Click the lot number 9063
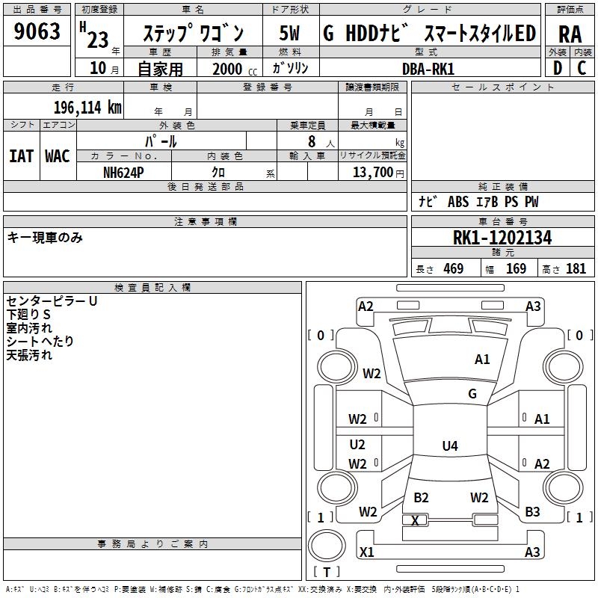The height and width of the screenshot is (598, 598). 37,32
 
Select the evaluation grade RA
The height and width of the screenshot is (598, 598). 570,34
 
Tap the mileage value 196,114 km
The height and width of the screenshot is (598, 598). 87,107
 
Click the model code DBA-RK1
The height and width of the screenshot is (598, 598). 428,69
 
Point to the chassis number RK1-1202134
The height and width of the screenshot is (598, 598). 502,238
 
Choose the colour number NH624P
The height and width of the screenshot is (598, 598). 123,172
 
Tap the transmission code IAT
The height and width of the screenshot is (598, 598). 22,156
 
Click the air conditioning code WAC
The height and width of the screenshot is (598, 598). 58,156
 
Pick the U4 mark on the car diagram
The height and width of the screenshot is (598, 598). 449,446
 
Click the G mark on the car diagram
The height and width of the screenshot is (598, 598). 472,393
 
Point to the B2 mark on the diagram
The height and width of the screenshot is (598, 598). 421,498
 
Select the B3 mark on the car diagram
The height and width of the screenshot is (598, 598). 532,512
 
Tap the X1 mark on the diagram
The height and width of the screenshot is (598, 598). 367,552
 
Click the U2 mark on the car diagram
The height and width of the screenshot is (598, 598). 357,445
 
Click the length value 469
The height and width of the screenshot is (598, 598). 452,269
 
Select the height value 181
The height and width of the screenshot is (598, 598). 576,269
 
